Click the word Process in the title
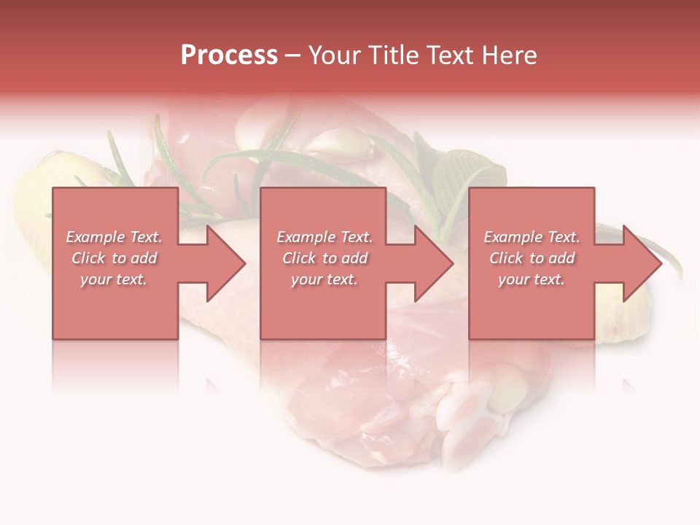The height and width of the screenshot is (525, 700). click(x=229, y=55)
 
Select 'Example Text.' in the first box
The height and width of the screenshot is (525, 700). click(x=114, y=237)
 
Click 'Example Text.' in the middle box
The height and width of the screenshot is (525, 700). click(x=324, y=237)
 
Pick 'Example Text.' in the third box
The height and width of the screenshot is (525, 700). click(x=532, y=237)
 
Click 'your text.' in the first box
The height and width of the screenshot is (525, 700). click(x=114, y=279)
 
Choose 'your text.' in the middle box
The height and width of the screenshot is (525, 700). click(x=324, y=279)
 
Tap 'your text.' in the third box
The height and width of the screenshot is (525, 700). click(x=532, y=279)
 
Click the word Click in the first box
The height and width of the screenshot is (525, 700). click(x=89, y=258)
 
